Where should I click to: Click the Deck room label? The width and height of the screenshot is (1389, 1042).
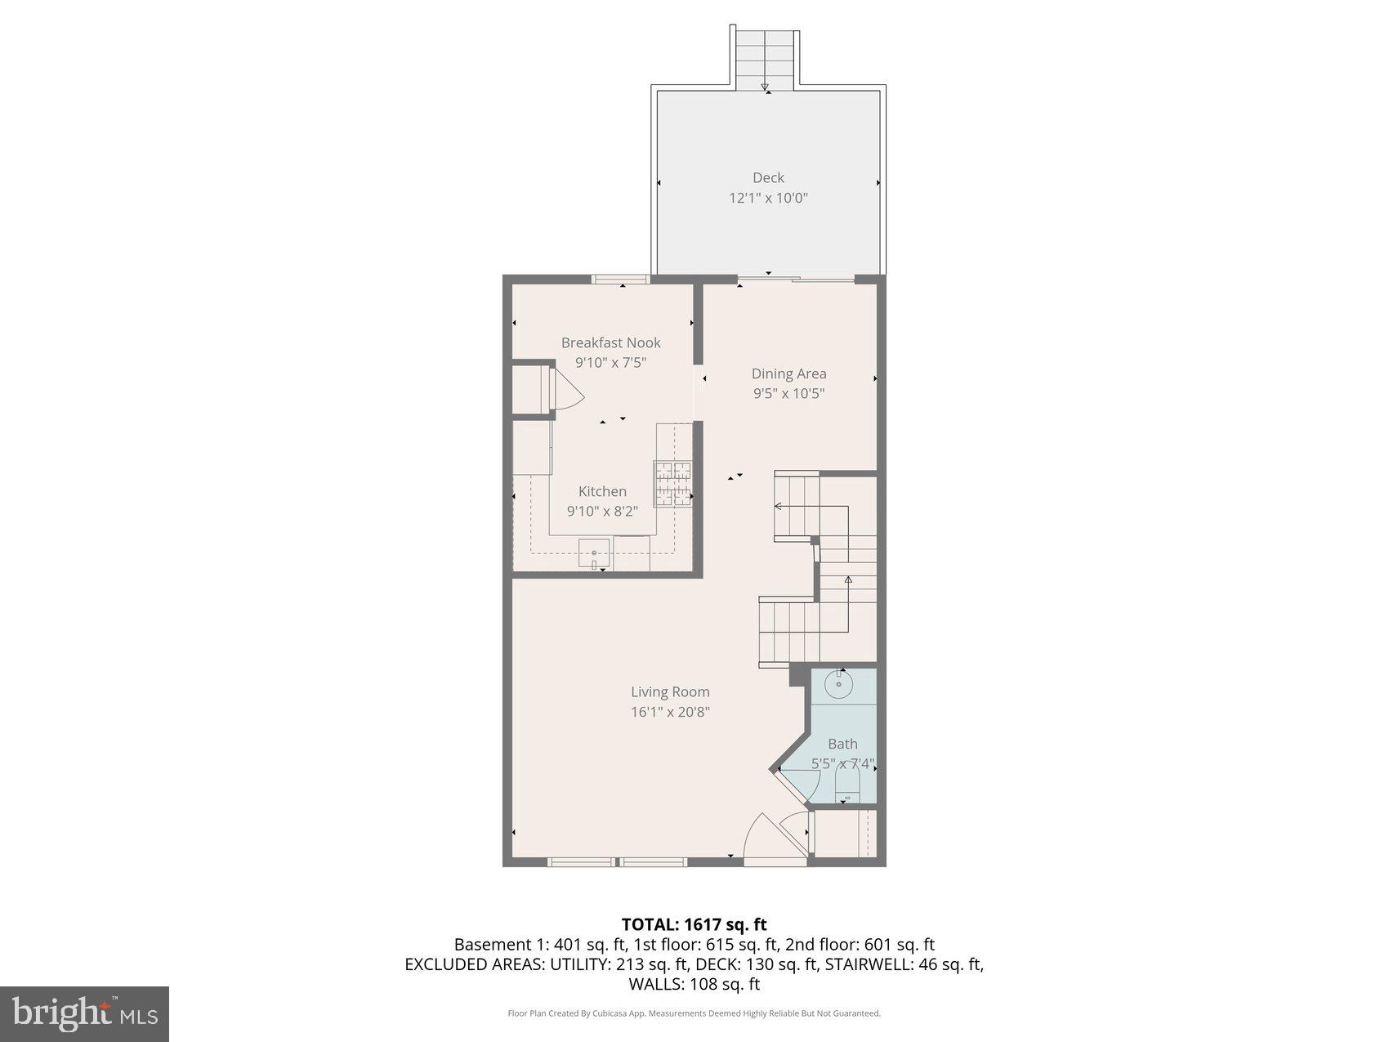pyautogui.click(x=768, y=177)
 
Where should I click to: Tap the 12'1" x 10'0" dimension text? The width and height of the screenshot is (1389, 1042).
pyautogui.click(x=768, y=198)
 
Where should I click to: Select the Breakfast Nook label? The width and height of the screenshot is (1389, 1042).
pyautogui.click(x=610, y=342)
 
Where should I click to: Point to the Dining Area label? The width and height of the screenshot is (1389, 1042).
pyautogui.click(x=788, y=373)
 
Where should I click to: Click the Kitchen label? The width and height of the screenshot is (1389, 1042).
pyautogui.click(x=602, y=491)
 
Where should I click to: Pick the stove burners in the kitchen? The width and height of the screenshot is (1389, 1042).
pyautogui.click(x=672, y=483)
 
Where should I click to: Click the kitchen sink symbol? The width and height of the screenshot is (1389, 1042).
pyautogui.click(x=594, y=554)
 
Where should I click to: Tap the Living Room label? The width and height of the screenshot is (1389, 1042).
pyautogui.click(x=670, y=691)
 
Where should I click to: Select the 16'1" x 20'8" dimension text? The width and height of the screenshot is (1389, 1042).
pyautogui.click(x=670, y=712)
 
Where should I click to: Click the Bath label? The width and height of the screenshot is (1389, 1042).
pyautogui.click(x=842, y=744)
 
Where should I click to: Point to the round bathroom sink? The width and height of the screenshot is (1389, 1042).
pyautogui.click(x=839, y=684)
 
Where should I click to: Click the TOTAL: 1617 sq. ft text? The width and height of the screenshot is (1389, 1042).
pyautogui.click(x=694, y=924)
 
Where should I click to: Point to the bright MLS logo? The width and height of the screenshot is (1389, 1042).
pyautogui.click(x=85, y=1014)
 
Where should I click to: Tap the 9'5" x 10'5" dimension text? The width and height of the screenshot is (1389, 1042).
pyautogui.click(x=788, y=394)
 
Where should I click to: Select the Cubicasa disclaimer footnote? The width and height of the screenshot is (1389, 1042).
pyautogui.click(x=694, y=1013)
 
